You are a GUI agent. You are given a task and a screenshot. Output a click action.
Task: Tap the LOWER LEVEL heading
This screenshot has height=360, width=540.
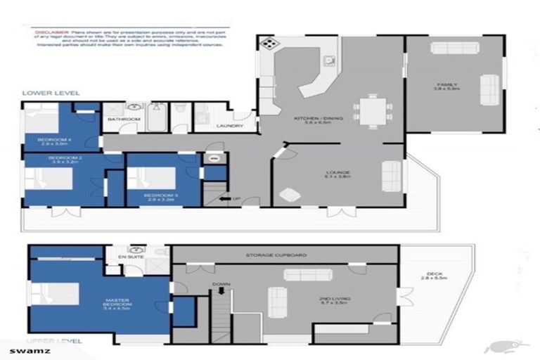51,93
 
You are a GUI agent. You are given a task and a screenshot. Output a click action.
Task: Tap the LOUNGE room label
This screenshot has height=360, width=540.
338,172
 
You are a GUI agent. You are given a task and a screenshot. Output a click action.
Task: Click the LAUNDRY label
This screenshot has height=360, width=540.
230,127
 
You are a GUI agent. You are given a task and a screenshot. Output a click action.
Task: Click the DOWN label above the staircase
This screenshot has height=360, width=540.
221,285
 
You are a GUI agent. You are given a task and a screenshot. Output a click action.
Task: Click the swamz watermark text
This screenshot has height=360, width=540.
22,350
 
